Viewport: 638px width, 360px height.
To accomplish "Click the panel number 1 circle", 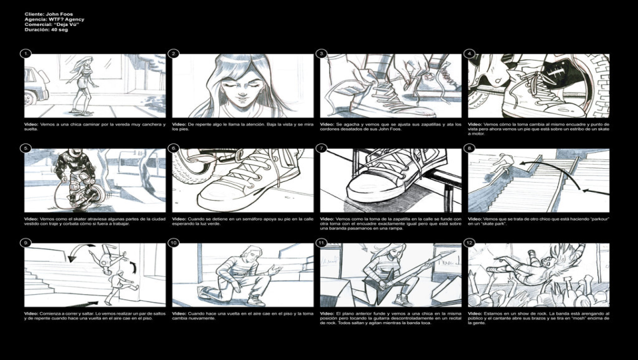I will point(26,54).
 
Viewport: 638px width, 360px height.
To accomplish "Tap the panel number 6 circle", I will point(173,148).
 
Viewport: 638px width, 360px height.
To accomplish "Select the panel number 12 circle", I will point(470,243).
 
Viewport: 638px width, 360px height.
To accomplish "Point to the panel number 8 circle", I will point(470,148).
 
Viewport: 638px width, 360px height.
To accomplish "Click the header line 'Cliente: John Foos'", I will point(49,14).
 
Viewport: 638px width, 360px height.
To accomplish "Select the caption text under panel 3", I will point(390,126).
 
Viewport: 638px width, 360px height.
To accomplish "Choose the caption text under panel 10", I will point(243,315).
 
